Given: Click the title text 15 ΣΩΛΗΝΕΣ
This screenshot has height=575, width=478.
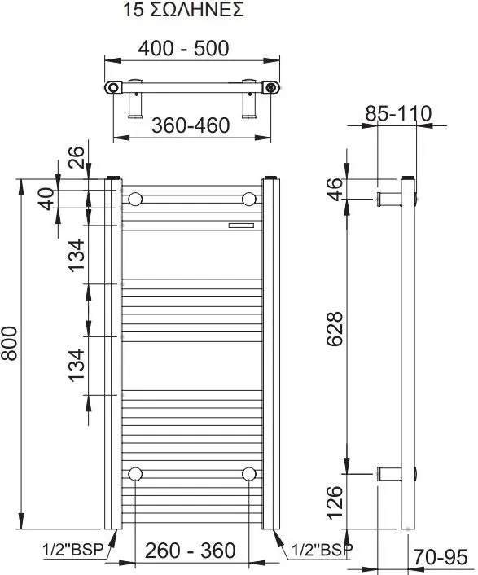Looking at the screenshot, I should (x=184, y=11).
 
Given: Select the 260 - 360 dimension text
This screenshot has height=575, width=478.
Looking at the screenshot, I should (x=190, y=550).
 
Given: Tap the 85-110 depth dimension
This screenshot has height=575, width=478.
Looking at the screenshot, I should (x=397, y=113).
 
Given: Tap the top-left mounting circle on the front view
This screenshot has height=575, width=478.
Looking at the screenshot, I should (x=135, y=199).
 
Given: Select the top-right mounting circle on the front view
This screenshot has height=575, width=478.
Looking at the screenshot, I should (x=248, y=199).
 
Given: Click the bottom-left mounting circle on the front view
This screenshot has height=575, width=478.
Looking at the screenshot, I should (x=135, y=473).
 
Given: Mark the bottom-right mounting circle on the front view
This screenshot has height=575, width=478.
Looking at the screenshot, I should (x=248, y=473).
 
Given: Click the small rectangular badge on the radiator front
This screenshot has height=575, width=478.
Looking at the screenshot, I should (x=241, y=225).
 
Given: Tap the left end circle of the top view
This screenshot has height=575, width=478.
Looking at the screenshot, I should (x=112, y=86).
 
